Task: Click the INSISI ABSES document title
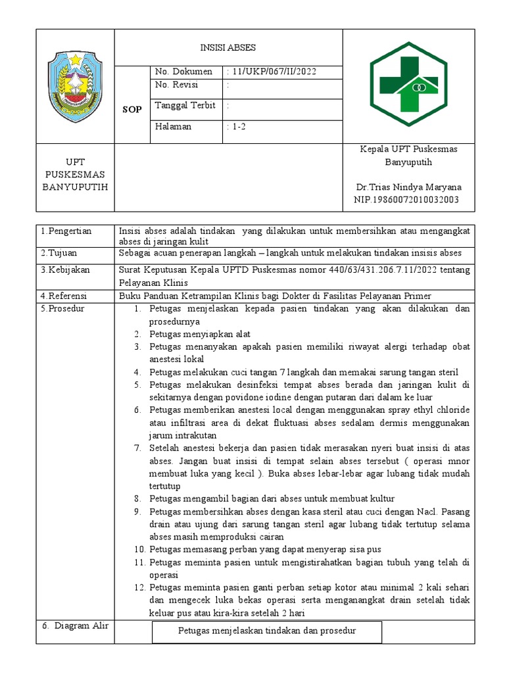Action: (228, 48)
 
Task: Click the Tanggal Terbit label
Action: (185, 106)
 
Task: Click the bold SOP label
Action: (132, 110)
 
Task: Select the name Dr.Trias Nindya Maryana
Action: (408, 187)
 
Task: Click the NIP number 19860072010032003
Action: (406, 200)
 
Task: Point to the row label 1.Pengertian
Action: (66, 231)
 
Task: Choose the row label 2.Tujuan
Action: (60, 253)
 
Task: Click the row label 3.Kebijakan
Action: (66, 270)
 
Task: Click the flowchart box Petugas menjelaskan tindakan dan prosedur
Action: (267, 631)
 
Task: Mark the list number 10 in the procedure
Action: (139, 549)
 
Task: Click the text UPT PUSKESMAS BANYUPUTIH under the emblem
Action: (74, 174)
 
